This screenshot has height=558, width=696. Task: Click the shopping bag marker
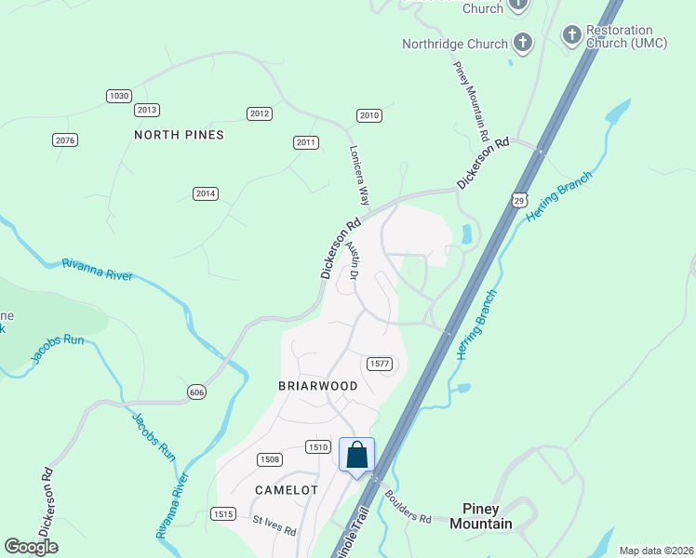(x=356, y=456)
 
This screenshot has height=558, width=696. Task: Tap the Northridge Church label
(x=455, y=44)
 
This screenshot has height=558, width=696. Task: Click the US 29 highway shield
(x=519, y=200)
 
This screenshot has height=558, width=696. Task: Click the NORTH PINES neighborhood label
(x=179, y=135)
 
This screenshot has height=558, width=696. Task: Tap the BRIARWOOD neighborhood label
(x=318, y=385)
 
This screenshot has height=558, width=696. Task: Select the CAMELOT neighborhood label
(x=287, y=489)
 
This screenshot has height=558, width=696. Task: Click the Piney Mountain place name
(x=488, y=516)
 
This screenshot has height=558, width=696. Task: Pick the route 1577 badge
(x=378, y=364)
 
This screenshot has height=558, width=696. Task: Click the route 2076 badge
(x=65, y=140)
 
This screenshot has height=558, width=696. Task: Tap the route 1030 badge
(x=118, y=96)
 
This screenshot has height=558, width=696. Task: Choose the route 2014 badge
(x=206, y=193)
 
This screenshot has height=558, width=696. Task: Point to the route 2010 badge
(x=369, y=115)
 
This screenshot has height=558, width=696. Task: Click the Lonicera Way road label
(x=359, y=174)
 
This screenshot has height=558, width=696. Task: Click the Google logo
(x=32, y=547)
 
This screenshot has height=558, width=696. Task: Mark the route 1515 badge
(x=223, y=514)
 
